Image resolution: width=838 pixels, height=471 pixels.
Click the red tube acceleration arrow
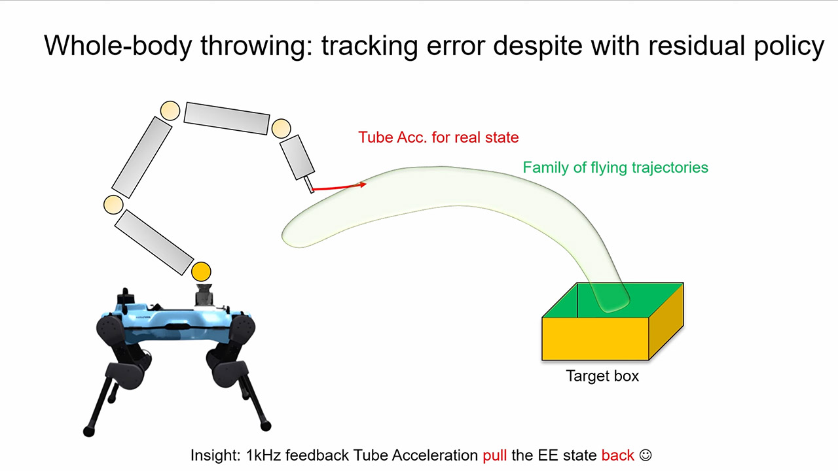click(x=338, y=187)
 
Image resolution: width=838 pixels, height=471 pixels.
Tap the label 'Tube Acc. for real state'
click(x=438, y=137)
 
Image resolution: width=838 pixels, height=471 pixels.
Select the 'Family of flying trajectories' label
click(x=615, y=167)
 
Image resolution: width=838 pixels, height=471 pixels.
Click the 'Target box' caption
click(x=602, y=376)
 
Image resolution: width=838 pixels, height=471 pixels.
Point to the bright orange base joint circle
click(x=202, y=270)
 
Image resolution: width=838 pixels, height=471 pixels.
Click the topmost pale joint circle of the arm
click(x=170, y=110)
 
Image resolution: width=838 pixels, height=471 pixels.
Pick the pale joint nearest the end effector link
click(x=281, y=128)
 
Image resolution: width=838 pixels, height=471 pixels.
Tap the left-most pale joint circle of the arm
click(x=113, y=205)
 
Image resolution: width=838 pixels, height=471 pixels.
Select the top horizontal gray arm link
click(x=227, y=118)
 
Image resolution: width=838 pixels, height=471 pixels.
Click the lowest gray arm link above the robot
click(x=154, y=242)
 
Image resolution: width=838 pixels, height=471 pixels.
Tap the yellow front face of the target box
click(x=594, y=339)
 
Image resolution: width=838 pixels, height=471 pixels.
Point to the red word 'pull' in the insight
click(x=494, y=455)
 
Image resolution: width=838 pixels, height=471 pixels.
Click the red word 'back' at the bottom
click(x=617, y=455)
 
